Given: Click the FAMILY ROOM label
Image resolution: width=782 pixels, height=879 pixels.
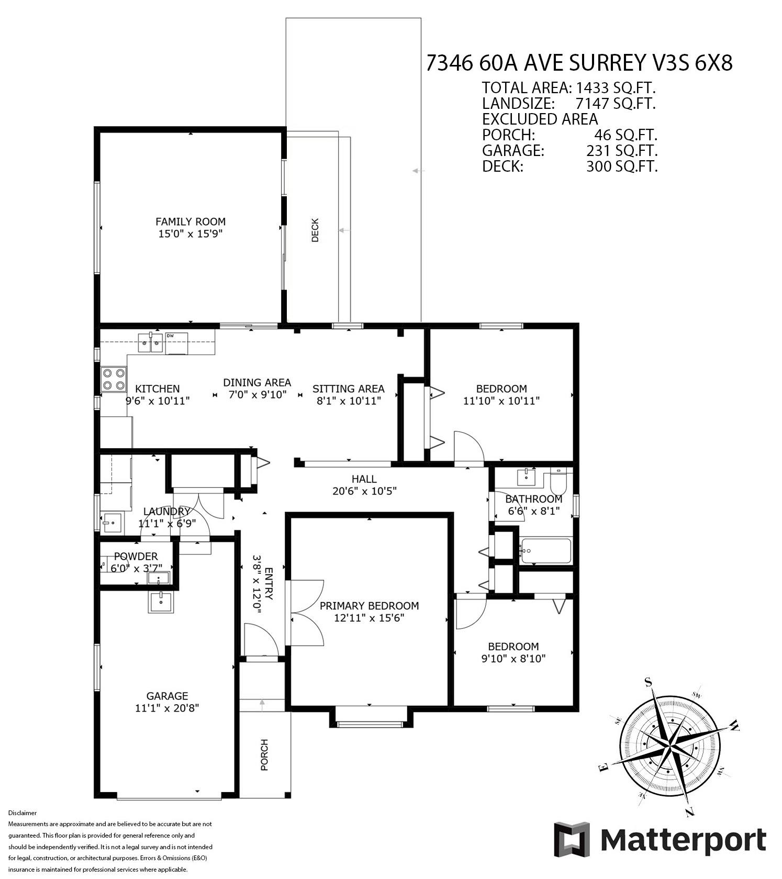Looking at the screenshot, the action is pyautogui.click(x=191, y=221).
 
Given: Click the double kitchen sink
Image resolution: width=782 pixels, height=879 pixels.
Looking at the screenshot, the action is pyautogui.click(x=151, y=343).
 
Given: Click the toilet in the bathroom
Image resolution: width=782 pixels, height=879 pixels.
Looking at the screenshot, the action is pyautogui.click(x=558, y=482).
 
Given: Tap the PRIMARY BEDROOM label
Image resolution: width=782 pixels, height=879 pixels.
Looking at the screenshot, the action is pyautogui.click(x=369, y=606).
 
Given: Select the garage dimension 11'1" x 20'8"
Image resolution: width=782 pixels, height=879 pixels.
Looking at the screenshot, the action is pyautogui.click(x=167, y=708).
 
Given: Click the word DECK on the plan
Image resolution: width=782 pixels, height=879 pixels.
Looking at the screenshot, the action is pyautogui.click(x=315, y=230).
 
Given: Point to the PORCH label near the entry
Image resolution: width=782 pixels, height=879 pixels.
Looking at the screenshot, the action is pyautogui.click(x=264, y=755).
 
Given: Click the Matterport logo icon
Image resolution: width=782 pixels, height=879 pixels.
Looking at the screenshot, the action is pyautogui.click(x=572, y=840).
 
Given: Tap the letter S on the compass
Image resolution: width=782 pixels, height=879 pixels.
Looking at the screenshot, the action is pyautogui.click(x=648, y=682).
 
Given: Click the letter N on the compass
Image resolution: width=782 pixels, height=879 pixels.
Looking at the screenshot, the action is pyautogui.click(x=689, y=812).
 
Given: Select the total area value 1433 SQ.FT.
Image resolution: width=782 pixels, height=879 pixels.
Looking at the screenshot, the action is pyautogui.click(x=616, y=87).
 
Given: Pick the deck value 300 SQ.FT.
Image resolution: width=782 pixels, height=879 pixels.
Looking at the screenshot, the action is pyautogui.click(x=622, y=166).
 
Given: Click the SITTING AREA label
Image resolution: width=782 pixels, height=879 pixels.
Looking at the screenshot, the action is pyautogui.click(x=349, y=388).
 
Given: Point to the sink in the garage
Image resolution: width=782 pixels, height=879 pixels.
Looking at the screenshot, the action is pyautogui.click(x=161, y=602).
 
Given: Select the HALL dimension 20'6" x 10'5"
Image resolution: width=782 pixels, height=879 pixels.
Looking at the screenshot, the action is pyautogui.click(x=364, y=491).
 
